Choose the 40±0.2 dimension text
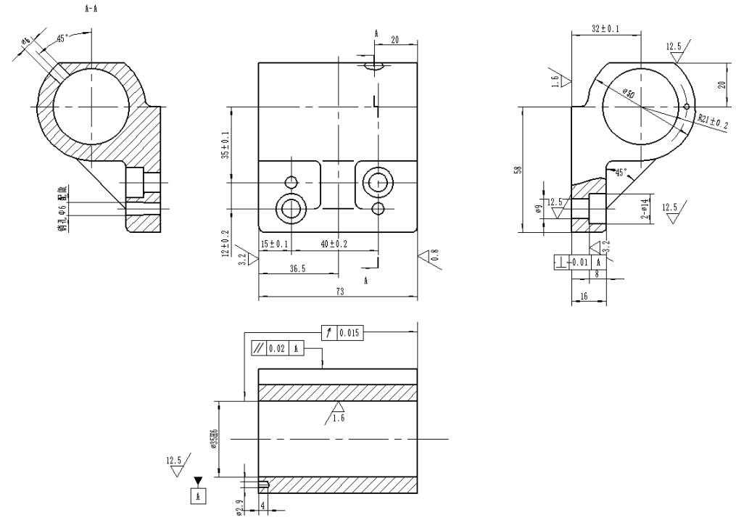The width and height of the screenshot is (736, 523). point(334,244)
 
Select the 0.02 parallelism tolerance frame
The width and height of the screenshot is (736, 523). point(276,348)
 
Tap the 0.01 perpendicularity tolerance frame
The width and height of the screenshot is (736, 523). point(579,262)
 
